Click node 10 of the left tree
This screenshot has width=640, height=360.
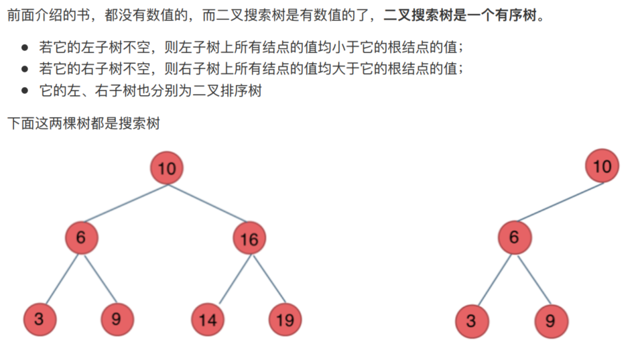[x=167, y=168]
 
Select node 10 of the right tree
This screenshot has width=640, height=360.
[x=602, y=166]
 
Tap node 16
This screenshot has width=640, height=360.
[x=249, y=239]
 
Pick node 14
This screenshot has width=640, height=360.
[x=208, y=319]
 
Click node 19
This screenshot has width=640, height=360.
[x=285, y=319]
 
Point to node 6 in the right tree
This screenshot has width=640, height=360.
[x=514, y=237]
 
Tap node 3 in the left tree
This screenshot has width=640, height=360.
[x=39, y=319]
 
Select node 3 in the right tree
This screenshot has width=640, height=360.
[x=471, y=320]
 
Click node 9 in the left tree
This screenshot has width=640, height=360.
[x=117, y=319]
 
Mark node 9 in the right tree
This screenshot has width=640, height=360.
[x=550, y=320]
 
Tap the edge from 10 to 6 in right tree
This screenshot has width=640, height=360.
[x=559, y=201]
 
